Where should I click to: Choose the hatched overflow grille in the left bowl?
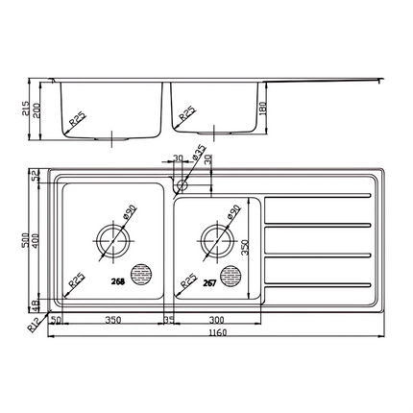tap(143, 274)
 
